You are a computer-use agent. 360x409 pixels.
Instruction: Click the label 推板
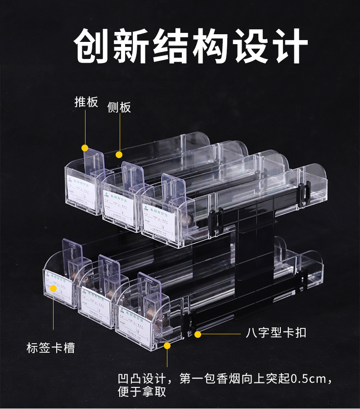pos(85,102)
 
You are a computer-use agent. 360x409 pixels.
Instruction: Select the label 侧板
pos(119,107)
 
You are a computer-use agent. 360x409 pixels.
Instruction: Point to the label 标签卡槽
pos(50,348)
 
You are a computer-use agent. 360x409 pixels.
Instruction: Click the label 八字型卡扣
pos(276,333)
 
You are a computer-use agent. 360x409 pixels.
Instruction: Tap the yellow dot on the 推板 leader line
pos(85,148)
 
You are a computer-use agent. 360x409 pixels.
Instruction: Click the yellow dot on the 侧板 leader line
pos(119,155)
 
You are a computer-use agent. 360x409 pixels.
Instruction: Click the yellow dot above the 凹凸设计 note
pos(167,345)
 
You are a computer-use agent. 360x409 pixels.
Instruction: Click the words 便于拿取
pos(142,392)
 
